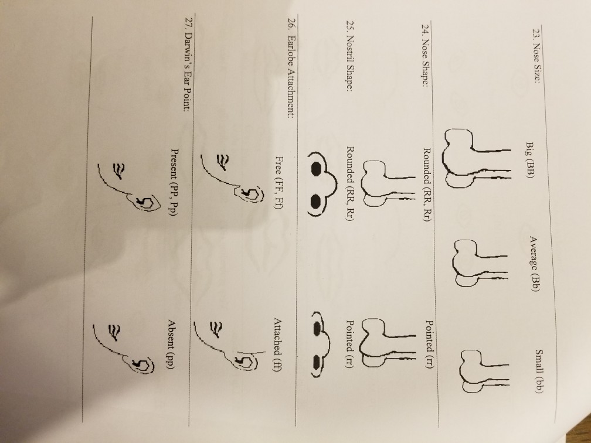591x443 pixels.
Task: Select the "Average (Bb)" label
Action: coord(534,262)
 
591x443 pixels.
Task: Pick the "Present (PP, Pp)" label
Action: coord(174,176)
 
